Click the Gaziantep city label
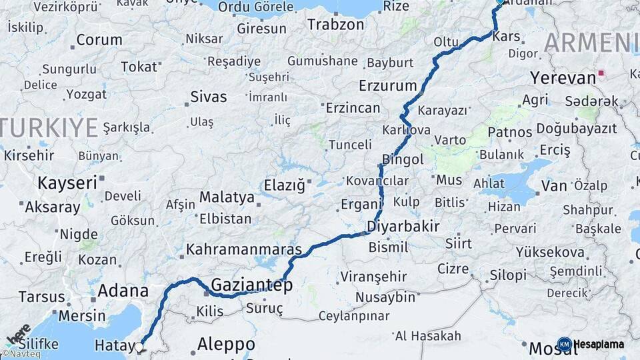pyautogui.click(x=251, y=285)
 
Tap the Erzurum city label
pyautogui.click(x=387, y=86)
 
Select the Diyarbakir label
pyautogui.click(x=403, y=226)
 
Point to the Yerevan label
pyautogui.click(x=563, y=77)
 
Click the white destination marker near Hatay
pyautogui.click(x=139, y=347)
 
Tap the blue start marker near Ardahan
pyautogui.click(x=501, y=2)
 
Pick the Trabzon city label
pyautogui.click(x=335, y=25)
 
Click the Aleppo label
pyautogui.click(x=226, y=345)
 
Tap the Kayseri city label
pyautogui.click(x=67, y=182)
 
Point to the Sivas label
pyautogui.click(x=209, y=96)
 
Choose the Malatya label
pyautogui.click(x=227, y=197)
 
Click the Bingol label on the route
pyautogui.click(x=403, y=160)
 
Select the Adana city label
pyautogui.click(x=123, y=291)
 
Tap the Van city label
pyautogui.click(x=553, y=186)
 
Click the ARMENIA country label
pyautogui.click(x=591, y=43)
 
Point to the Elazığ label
pyautogui.click(x=284, y=185)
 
